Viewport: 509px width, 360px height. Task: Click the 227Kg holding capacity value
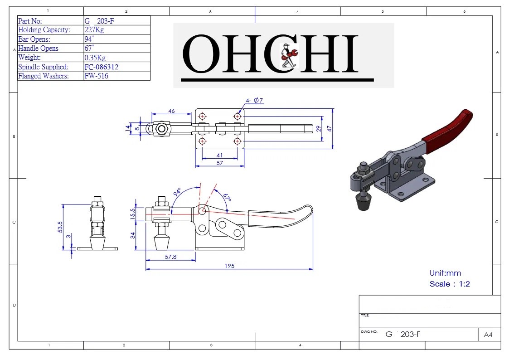tap(94, 30)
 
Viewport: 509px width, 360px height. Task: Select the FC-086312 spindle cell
tap(102, 67)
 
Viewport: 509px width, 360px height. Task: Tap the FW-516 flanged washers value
tap(96, 76)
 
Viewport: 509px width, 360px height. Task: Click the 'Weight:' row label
tap(29, 58)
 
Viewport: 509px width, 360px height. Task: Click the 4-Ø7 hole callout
tap(255, 101)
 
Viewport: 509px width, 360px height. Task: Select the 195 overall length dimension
tap(229, 266)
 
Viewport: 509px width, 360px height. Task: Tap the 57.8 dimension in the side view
tap(170, 257)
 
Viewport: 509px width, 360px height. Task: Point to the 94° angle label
tap(177, 194)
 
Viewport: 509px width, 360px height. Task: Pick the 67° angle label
tap(227, 196)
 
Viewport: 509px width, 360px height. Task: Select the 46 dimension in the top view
tap(172, 111)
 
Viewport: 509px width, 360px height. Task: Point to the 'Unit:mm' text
tap(445, 273)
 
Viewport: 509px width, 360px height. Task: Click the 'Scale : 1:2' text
tap(449, 284)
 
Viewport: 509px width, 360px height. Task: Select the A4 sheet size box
tap(488, 335)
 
